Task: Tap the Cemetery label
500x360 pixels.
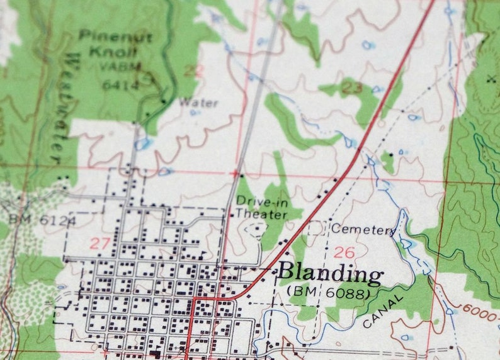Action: (363, 229)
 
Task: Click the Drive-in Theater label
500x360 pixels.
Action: (261, 208)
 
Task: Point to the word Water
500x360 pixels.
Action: (198, 103)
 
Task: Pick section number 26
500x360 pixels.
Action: (344, 253)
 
